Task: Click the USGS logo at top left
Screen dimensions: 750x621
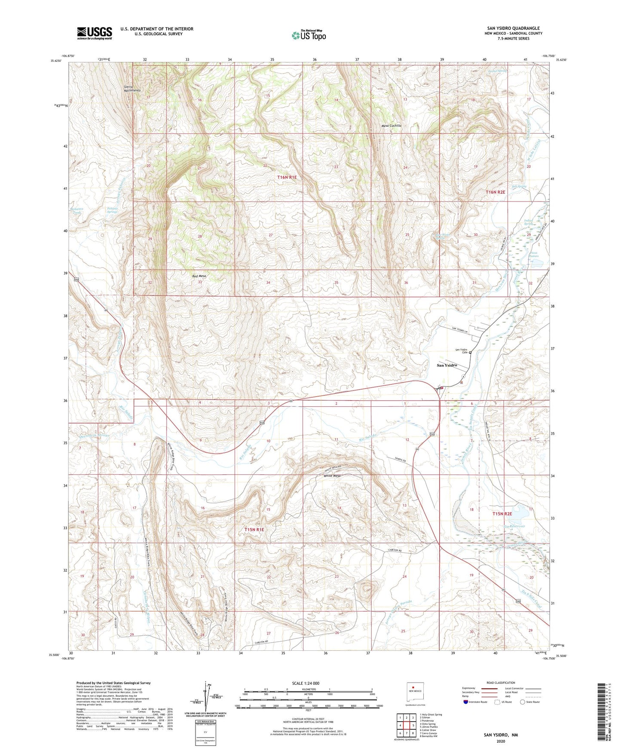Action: pyautogui.click(x=95, y=33)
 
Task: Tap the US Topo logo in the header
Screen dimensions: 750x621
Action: pyautogui.click(x=309, y=35)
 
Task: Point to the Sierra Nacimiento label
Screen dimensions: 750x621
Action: pyautogui.click(x=132, y=88)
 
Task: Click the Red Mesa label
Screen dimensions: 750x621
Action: pyautogui.click(x=199, y=276)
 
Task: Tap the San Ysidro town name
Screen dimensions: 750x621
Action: pyautogui.click(x=447, y=365)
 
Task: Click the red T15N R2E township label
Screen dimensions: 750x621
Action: pyautogui.click(x=502, y=514)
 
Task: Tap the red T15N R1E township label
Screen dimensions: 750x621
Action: pyautogui.click(x=254, y=530)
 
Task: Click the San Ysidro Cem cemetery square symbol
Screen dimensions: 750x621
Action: pyautogui.click(x=470, y=353)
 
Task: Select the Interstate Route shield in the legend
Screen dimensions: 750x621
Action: pyautogui.click(x=466, y=702)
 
